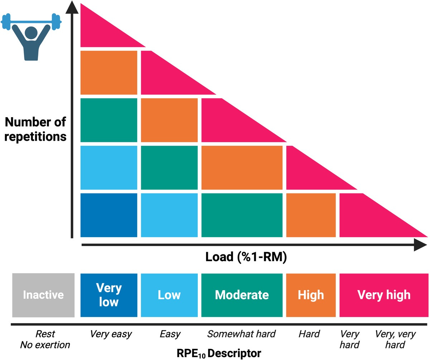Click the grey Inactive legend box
(x=43, y=295)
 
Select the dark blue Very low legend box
(x=109, y=295)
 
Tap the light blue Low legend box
(x=169, y=295)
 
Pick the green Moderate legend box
(x=242, y=295)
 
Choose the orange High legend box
(x=311, y=295)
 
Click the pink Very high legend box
(x=384, y=295)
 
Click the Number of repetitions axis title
(x=36, y=129)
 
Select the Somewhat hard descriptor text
(x=242, y=334)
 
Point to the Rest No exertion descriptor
(x=45, y=340)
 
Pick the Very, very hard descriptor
(x=395, y=340)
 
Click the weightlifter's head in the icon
(x=31, y=32)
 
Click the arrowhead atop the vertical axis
(x=72, y=8)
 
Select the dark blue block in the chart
(x=109, y=215)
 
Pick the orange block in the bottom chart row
(x=311, y=215)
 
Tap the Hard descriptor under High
(x=309, y=334)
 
